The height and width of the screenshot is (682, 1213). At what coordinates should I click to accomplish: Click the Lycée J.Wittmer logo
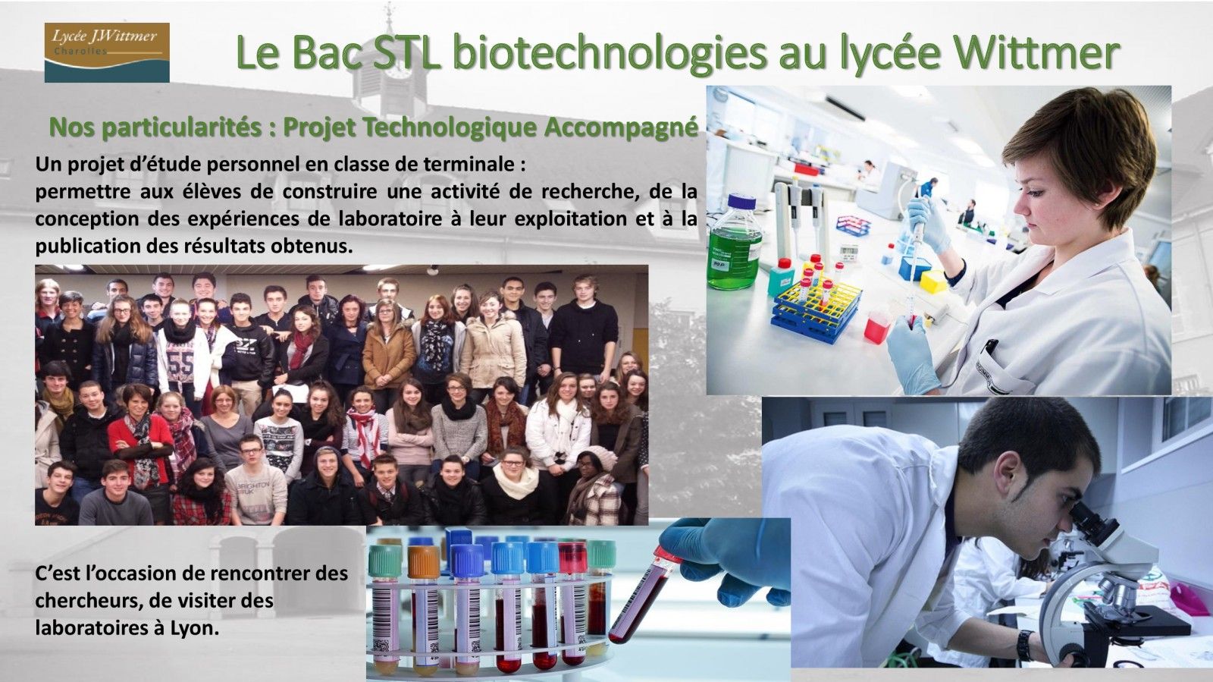107,52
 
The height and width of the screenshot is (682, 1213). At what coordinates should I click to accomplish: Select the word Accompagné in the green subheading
621,128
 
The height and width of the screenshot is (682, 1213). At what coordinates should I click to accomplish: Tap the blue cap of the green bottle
741,202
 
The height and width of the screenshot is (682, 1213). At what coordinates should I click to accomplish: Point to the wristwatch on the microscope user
1024,645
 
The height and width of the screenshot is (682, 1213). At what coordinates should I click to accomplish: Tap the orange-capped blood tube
424,561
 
